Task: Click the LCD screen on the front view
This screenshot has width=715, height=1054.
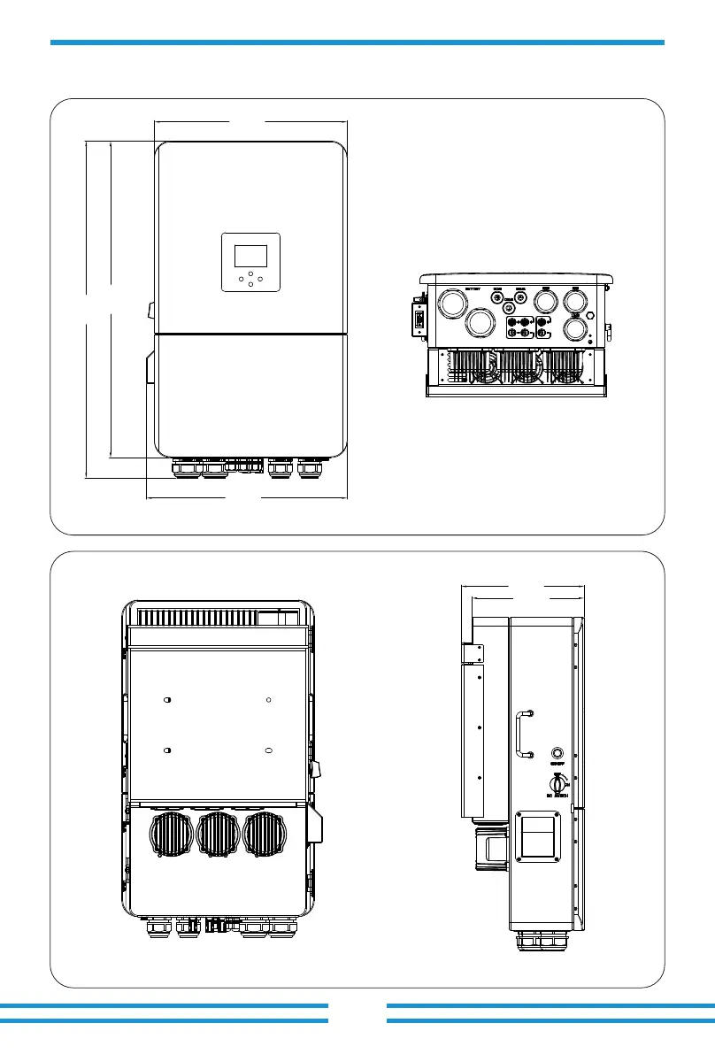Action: (250, 256)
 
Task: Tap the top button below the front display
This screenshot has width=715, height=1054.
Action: (250, 273)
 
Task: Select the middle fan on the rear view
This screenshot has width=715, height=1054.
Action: (220, 835)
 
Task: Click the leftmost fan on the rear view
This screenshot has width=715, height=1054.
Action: (173, 835)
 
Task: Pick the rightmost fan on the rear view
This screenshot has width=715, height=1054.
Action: (267, 835)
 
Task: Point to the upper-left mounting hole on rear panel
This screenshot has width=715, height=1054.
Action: (167, 699)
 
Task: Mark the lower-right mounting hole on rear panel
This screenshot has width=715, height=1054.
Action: (268, 750)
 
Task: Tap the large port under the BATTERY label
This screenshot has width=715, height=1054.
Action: (454, 306)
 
